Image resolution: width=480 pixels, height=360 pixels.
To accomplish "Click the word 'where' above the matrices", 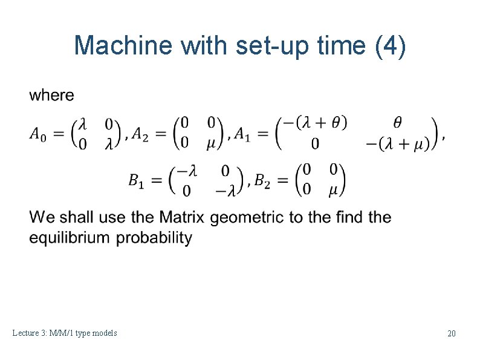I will click(x=52, y=95).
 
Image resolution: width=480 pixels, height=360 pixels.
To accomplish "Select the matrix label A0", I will click(x=37, y=133).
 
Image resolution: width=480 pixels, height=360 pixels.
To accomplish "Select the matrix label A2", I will click(x=143, y=133).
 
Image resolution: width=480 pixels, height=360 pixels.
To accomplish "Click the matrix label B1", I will click(x=136, y=180).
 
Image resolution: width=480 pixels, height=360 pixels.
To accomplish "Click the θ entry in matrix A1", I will click(x=397, y=123).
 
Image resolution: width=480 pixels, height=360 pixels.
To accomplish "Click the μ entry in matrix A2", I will click(x=212, y=144).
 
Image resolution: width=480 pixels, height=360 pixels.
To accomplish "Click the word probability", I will click(x=154, y=237).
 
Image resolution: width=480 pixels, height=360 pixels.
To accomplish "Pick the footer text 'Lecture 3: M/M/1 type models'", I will click(x=65, y=333).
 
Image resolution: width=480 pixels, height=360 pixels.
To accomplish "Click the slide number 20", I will click(x=451, y=333).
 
